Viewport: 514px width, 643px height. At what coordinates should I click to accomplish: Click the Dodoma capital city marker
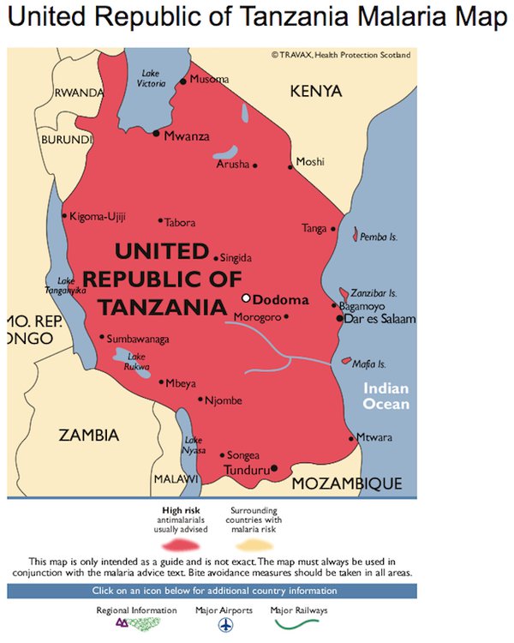point(247,298)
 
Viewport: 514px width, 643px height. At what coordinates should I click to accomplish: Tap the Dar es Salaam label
point(380,319)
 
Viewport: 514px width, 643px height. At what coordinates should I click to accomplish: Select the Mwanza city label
point(187,135)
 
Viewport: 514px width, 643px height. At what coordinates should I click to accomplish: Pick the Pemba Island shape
point(356,232)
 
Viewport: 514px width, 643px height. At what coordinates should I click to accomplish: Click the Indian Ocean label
point(385,396)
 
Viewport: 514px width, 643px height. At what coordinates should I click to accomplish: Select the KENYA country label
point(315,91)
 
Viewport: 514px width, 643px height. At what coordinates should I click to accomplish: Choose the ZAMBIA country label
point(89,436)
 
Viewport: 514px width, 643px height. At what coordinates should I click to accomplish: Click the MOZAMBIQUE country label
point(347,484)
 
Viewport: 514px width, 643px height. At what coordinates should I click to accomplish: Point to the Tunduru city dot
point(274,468)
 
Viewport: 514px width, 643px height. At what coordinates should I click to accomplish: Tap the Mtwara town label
point(374,437)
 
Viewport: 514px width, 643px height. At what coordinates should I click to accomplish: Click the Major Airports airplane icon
point(225,626)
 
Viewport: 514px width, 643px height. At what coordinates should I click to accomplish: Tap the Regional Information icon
point(136,626)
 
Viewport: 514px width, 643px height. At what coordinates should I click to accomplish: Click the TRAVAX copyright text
point(341,55)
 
